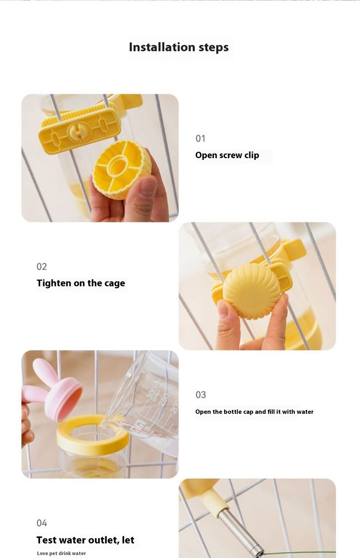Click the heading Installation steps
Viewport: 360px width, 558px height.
[179, 47]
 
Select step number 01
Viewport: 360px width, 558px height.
[200, 139]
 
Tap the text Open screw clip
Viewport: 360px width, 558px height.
[227, 155]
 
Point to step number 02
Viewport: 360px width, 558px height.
[41, 267]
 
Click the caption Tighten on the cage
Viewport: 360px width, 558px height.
[81, 283]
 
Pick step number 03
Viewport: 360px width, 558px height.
[201, 395]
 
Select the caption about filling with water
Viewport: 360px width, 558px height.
[254, 412]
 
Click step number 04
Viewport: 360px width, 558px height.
[41, 523]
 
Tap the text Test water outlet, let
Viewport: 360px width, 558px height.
[85, 540]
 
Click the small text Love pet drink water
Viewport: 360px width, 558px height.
[61, 553]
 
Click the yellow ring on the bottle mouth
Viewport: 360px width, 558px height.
[93, 433]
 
